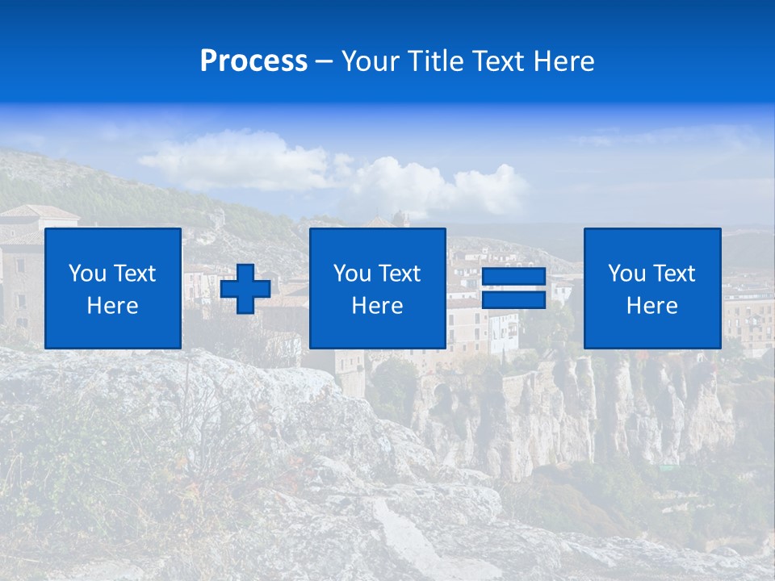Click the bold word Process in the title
click(253, 61)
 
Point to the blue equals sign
click(513, 288)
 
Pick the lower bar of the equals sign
click(513, 299)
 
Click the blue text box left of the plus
click(113, 288)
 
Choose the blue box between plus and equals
click(377, 288)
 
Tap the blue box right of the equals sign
click(651, 288)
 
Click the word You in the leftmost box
click(87, 274)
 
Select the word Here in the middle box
click(377, 306)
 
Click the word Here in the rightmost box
click(651, 306)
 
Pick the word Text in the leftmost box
click(135, 274)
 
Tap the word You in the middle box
click(352, 274)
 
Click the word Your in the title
click(371, 61)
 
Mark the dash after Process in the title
click(324, 61)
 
